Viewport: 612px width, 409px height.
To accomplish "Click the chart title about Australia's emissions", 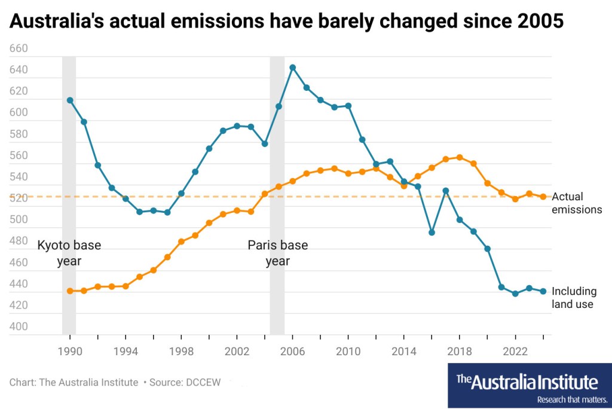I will pos(286,22).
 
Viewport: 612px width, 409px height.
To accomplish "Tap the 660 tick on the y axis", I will pos(20,48).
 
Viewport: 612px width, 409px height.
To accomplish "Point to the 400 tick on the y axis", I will pos(20,326).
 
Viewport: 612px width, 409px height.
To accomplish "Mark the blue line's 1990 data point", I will pos(70,100).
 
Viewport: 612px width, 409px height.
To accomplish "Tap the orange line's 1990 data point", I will pos(70,291).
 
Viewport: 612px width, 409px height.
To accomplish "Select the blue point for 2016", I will pos(432,232).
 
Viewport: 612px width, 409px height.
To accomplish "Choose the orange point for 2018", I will pos(460,157).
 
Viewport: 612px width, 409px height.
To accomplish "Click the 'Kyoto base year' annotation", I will pos(69,253).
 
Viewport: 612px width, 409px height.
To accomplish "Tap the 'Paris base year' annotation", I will pos(277,253).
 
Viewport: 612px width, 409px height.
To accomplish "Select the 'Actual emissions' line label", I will pos(576,203).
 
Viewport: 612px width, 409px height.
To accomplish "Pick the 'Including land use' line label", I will pos(574,298).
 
